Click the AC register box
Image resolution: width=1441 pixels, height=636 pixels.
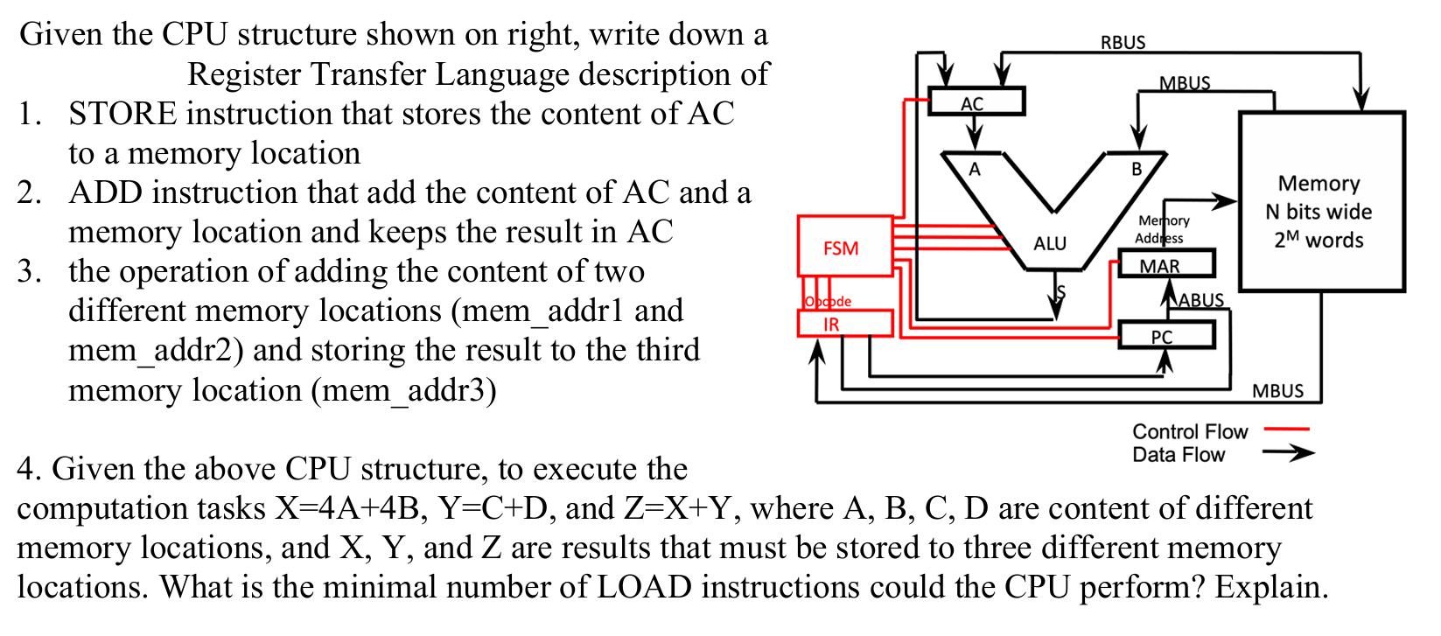pyautogui.click(x=975, y=102)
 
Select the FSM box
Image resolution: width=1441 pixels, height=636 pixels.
pyautogui.click(x=844, y=247)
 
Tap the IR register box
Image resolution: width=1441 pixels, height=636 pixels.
pyautogui.click(x=844, y=324)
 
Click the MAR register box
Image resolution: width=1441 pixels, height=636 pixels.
pyautogui.click(x=1165, y=264)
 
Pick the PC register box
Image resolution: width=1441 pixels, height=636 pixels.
pyautogui.click(x=1165, y=336)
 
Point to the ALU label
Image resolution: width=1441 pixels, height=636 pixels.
pyautogui.click(x=1050, y=243)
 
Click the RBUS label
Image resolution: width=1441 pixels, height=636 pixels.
pyautogui.click(x=1123, y=42)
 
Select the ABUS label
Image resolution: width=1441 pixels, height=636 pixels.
pyautogui.click(x=1201, y=300)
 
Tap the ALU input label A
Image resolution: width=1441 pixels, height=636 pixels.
pyautogui.click(x=975, y=170)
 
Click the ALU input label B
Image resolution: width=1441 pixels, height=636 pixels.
pyautogui.click(x=1137, y=170)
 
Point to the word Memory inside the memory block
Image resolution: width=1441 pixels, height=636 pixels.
pyautogui.click(x=1319, y=184)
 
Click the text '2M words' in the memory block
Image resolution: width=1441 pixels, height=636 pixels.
pyautogui.click(x=1319, y=240)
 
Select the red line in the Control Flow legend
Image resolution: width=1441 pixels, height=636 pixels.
pyautogui.click(x=1286, y=430)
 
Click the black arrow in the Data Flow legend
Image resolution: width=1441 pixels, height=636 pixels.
pyautogui.click(x=1288, y=453)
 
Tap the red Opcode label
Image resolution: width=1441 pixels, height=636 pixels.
pyautogui.click(x=827, y=301)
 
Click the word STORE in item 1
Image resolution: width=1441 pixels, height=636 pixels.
pyautogui.click(x=122, y=114)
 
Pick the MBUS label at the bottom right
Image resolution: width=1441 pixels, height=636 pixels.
pyautogui.click(x=1277, y=391)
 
